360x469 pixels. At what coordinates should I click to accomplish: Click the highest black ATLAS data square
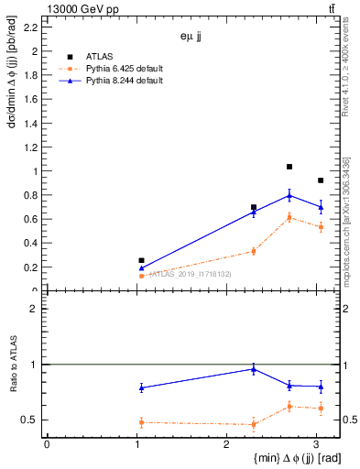click(289, 167)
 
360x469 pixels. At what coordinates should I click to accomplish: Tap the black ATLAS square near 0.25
click(141, 261)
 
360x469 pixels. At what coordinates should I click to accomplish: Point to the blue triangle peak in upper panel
click(289, 195)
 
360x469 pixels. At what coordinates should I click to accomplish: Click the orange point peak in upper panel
click(289, 217)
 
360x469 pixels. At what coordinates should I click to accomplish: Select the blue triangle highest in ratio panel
click(254, 369)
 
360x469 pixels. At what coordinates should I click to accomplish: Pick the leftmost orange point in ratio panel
click(141, 422)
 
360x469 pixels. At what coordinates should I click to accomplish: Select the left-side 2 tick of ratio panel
click(38, 309)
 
